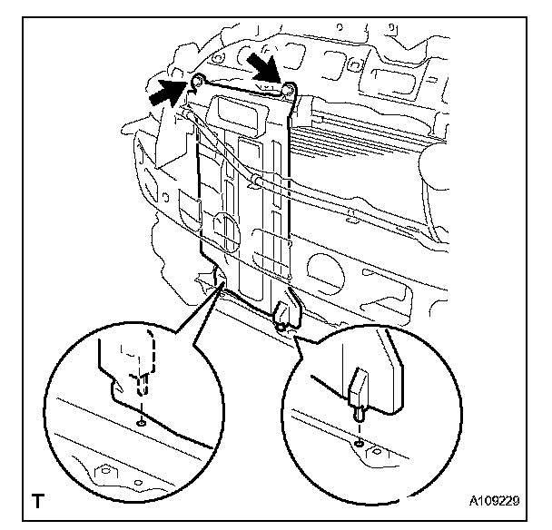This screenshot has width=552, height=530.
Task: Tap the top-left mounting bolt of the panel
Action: [195, 83]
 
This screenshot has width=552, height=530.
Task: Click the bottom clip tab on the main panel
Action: [285, 315]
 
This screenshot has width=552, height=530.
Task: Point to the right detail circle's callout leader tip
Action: [292, 329]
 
